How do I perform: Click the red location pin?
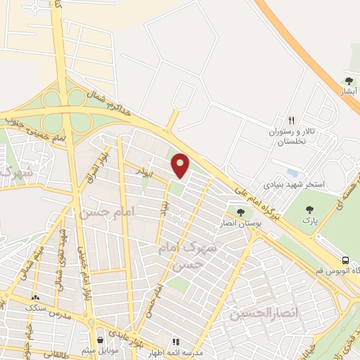click(x=181, y=165)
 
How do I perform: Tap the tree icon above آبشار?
click(x=349, y=82)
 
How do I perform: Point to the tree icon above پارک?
click(x=310, y=209)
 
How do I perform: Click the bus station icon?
click(x=345, y=258)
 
